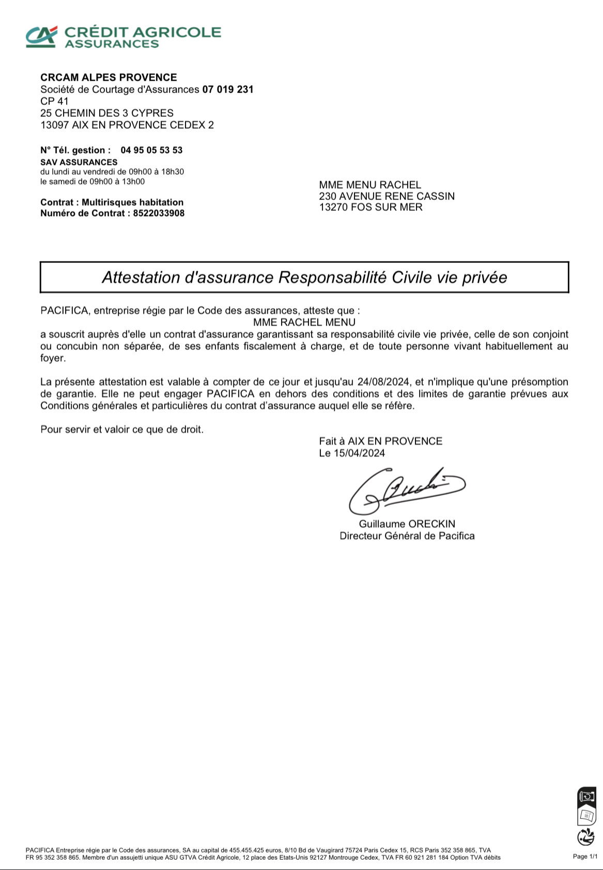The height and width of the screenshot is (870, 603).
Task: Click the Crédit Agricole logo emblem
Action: [42, 36]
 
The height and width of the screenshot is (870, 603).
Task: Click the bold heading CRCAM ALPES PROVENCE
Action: [109, 77]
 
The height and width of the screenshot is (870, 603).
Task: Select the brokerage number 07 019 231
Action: [228, 89]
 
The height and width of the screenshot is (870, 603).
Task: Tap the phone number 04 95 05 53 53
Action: [151, 150]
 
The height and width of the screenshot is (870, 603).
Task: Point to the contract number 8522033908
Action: [159, 213]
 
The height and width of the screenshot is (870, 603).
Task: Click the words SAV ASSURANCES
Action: [79, 162]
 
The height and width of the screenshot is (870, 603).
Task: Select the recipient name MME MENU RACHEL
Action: [370, 185]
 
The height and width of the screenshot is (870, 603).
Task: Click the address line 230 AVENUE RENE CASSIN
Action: [386, 196]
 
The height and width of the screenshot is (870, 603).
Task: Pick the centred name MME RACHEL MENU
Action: [304, 322]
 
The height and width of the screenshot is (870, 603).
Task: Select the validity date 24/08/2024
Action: [383, 382]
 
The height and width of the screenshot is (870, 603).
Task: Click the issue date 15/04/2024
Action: [359, 453]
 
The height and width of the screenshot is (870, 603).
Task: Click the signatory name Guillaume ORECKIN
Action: [407, 524]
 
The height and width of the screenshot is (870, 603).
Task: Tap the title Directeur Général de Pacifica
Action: [407, 536]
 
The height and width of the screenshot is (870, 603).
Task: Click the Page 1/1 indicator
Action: [585, 856]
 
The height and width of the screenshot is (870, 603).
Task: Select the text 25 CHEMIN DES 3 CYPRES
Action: [107, 113]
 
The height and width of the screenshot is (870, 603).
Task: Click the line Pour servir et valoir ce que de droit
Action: [122, 429]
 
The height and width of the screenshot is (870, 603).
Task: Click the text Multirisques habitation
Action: [132, 202]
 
